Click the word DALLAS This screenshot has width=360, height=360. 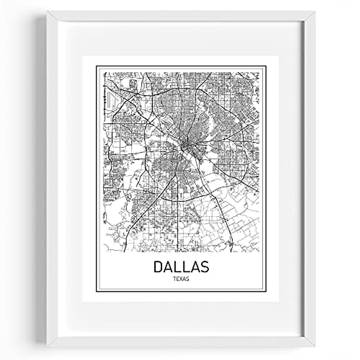point(181,266)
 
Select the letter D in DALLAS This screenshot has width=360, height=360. point(159,266)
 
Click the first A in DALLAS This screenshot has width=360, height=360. point(169,266)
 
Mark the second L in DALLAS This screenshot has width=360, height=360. point(186,266)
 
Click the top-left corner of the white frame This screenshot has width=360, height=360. point(46,12)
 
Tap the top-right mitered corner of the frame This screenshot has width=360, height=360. point(315,12)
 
